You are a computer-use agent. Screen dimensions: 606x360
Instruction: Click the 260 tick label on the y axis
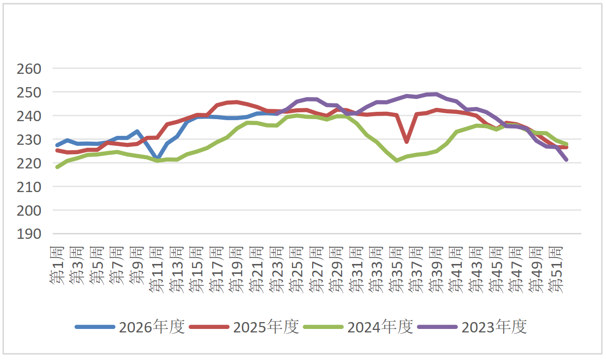click(29, 69)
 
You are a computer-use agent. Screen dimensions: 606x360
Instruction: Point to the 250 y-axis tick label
click(29, 93)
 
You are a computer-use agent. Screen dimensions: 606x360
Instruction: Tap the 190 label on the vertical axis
click(29, 234)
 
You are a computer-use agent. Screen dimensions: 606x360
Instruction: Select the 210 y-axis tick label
click(29, 187)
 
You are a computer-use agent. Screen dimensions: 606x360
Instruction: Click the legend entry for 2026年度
click(130, 327)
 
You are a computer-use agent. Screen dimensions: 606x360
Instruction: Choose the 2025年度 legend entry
click(244, 327)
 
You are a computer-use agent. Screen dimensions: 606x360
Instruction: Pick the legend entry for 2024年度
click(358, 327)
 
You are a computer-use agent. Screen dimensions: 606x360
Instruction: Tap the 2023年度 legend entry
click(473, 327)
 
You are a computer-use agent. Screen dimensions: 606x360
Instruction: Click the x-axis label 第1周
click(57, 265)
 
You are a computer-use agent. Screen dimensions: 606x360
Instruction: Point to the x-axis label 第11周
click(157, 269)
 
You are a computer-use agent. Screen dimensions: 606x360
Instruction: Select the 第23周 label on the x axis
click(277, 269)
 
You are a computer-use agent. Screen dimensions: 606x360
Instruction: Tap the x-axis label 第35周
click(396, 269)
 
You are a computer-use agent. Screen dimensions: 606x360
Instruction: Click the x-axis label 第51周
click(556, 269)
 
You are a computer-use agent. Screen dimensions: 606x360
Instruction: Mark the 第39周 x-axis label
click(436, 269)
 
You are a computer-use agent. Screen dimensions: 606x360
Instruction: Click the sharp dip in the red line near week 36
click(406, 142)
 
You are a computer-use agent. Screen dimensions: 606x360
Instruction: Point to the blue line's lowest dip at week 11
click(157, 157)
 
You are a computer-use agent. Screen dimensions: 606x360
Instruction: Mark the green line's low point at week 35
click(396, 161)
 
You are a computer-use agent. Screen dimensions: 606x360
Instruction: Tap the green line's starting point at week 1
click(57, 167)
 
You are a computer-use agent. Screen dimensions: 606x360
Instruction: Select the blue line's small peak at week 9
click(137, 131)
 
